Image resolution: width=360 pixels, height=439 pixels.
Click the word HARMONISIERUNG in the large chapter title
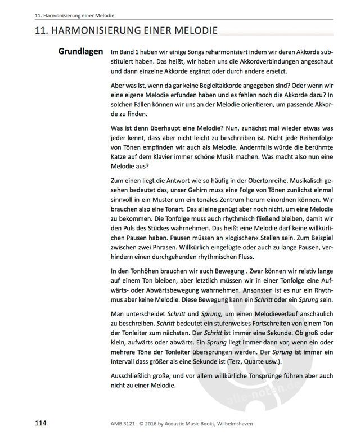pyautogui.click(x=91, y=32)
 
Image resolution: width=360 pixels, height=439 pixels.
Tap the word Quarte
pyautogui.click(x=266, y=361)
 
